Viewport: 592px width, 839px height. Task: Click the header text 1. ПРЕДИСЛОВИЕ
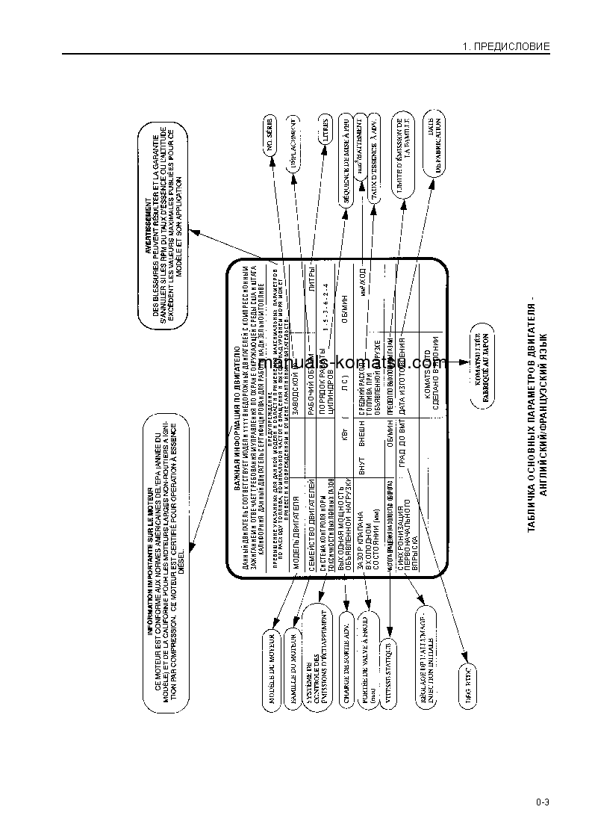(x=506, y=46)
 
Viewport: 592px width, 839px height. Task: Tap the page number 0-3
(x=542, y=803)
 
